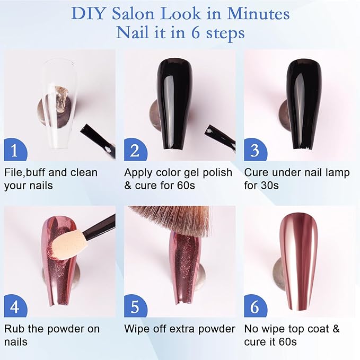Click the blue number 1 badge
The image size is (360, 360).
point(15,150)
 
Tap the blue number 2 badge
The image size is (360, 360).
point(135,150)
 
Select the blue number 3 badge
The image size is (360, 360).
point(255,150)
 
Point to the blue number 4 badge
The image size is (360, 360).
point(15,306)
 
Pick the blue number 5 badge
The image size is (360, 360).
point(135,306)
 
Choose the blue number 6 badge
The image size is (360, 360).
point(255,306)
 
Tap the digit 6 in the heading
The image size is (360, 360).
point(196,32)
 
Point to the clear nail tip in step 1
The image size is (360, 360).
point(60,103)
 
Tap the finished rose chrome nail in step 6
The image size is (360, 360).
point(298,262)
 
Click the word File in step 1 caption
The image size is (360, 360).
point(14,172)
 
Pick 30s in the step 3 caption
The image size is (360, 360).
point(270,185)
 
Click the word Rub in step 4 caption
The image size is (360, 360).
point(15,329)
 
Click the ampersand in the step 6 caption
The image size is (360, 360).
point(336,329)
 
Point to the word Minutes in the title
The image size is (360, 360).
point(258,14)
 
